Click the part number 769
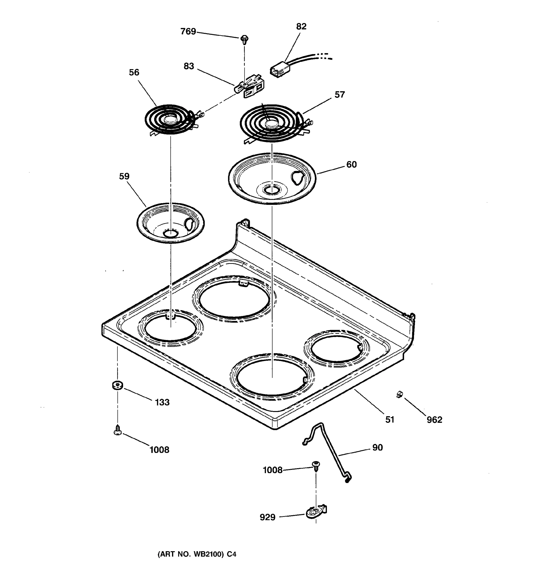tap(188, 31)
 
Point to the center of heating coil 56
tap(170, 119)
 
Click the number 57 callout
tap(339, 95)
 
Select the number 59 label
tap(124, 176)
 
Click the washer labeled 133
tap(117, 386)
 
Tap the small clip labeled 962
tap(399, 394)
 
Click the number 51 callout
tap(389, 420)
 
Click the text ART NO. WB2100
tap(191, 554)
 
